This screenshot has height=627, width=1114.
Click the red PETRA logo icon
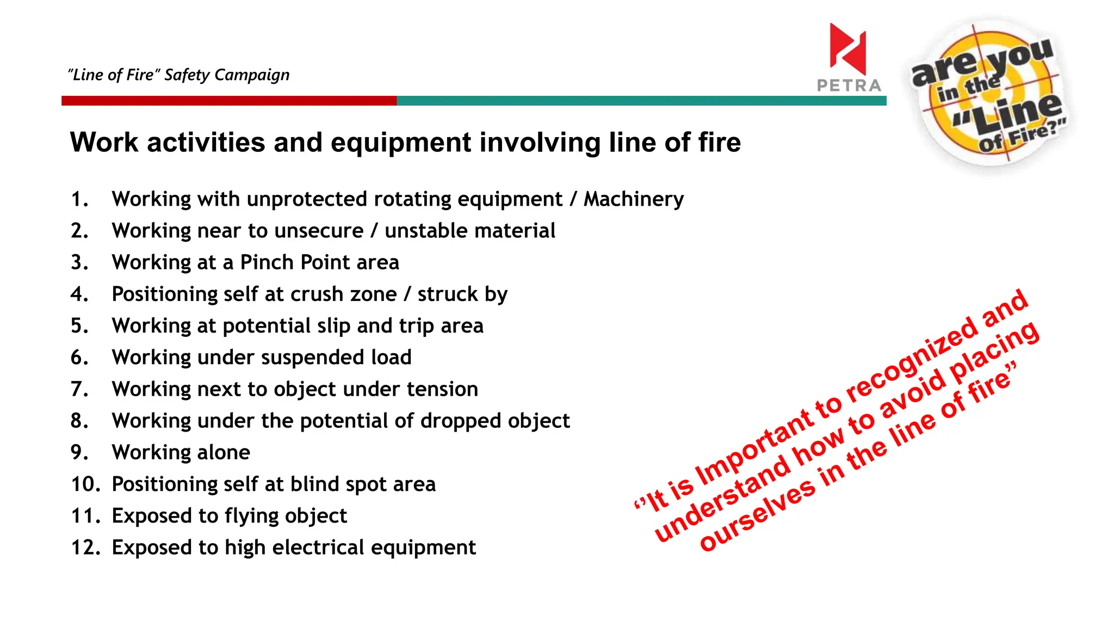[x=847, y=49]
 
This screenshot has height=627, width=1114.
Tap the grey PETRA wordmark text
[x=849, y=85]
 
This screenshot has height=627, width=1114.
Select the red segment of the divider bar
[x=228, y=101]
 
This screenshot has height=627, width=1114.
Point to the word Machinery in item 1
[x=634, y=199]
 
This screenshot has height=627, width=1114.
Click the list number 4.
[x=79, y=294]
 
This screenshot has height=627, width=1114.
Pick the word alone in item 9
[x=224, y=452]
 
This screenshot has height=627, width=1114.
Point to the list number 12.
[x=85, y=548]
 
